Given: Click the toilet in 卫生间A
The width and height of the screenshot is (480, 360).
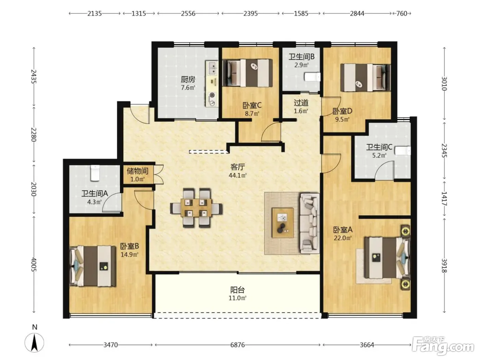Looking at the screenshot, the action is coord(95,173).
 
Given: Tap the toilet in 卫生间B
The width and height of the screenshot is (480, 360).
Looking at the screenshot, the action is coord(312,77).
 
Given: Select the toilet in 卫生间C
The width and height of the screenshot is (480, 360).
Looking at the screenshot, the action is coord(403,151).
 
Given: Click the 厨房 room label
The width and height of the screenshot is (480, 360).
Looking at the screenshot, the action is coord(188,79).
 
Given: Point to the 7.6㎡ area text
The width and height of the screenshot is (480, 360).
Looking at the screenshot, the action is coord(188,88).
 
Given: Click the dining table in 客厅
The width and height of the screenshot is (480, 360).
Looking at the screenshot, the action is coord(196,208).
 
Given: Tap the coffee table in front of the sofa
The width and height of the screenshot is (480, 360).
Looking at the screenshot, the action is coord(283,223).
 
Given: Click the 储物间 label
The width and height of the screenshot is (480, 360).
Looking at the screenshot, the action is coord(137,171).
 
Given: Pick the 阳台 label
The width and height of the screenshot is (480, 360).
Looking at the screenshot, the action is coord(237,290).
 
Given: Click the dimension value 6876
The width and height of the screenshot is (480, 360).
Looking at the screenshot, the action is coord(238,345).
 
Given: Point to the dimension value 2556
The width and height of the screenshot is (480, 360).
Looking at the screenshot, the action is coord(188,14).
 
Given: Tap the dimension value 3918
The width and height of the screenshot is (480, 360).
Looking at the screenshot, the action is coord(444,266).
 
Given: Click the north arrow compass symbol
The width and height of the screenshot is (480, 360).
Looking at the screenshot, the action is coord(34,343).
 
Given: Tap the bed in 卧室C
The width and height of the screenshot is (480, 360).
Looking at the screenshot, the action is coord(248,73).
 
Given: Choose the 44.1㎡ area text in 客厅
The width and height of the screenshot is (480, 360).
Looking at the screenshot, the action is coord(238,176).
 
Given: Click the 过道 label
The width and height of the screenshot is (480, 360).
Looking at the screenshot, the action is coord(301,103).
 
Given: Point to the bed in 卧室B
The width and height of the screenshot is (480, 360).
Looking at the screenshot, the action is coord(93,266).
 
